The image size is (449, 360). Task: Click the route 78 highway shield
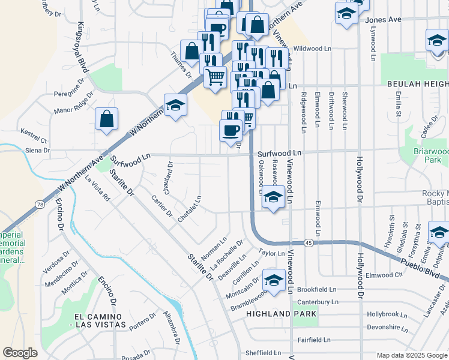coord(39,205)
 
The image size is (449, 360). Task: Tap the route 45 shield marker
coord(308,242)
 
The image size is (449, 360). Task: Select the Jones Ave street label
coord(382,19)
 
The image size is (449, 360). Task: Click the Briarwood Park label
coord(431,156)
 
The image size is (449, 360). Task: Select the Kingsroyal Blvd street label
coord(82,48)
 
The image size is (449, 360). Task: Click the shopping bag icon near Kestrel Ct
coord(106,119)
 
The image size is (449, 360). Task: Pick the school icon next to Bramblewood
coord(274,280)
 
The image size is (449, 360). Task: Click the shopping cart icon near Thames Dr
coord(215,77)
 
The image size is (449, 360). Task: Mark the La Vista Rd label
coord(98,188)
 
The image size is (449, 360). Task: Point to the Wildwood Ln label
coord(313,48)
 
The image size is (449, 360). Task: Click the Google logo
coord(20,353)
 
